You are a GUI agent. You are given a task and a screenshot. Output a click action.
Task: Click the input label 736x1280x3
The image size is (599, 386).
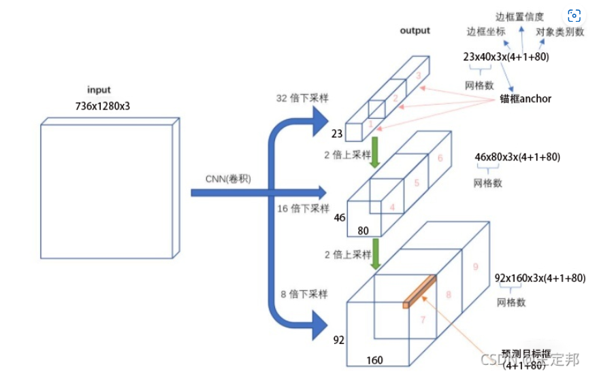(x=102, y=106)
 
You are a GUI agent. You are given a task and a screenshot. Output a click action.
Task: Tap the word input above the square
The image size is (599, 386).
(x=99, y=90)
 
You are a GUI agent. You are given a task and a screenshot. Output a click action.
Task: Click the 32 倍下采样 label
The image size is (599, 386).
(x=302, y=98)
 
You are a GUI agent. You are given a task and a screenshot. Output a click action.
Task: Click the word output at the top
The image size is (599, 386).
(x=415, y=31)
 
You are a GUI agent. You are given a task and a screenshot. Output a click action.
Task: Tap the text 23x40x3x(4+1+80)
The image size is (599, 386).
(x=506, y=57)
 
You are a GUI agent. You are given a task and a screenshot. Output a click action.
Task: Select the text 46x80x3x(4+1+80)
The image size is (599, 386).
(x=517, y=157)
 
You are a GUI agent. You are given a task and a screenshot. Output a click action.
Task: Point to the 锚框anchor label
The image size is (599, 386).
(x=525, y=99)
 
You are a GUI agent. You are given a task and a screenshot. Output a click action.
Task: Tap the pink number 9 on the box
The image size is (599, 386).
(x=475, y=267)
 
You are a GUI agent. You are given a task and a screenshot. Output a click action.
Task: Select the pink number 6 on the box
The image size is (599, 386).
(x=440, y=158)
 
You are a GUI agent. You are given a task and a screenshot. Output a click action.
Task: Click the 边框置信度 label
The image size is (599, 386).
(x=519, y=16)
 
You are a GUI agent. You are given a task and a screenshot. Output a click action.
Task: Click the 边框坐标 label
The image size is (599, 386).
(x=486, y=32)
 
